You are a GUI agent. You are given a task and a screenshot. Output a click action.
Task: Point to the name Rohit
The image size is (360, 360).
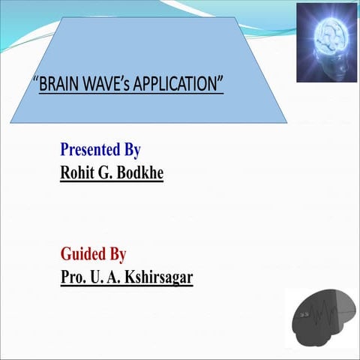[x=78, y=172]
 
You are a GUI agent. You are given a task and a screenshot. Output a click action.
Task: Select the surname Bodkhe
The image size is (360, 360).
[x=139, y=172]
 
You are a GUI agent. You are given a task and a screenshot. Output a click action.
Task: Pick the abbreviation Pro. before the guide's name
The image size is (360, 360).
[x=72, y=277]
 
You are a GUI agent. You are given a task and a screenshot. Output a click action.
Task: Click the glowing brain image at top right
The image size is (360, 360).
[x=326, y=42]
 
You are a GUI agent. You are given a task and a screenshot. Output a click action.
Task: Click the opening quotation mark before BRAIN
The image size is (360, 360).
[x=36, y=79]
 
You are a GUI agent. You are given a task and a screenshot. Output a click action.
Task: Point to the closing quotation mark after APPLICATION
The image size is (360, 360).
[x=221, y=79]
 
